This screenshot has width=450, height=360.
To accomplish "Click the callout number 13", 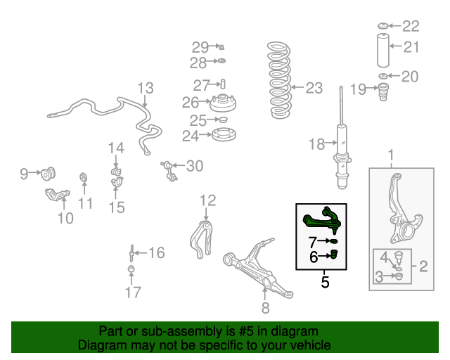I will (x=145, y=89).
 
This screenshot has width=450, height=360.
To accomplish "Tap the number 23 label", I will (x=314, y=88).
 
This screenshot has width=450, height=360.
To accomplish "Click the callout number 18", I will (x=316, y=145).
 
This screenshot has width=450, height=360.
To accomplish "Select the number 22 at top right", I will (x=411, y=26).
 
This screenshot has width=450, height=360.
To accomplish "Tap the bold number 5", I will (x=325, y=283).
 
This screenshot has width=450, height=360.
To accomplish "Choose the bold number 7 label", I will (x=313, y=242).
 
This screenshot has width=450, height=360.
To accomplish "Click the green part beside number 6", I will (x=335, y=254).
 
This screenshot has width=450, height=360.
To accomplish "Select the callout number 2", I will (x=423, y=266).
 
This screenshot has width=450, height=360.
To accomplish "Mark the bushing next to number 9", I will (x=50, y=172).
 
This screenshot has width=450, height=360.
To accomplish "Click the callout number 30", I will (x=194, y=166).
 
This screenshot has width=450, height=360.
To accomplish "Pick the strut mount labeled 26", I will (x=222, y=103).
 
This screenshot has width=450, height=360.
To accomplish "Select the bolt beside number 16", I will (x=131, y=252).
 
